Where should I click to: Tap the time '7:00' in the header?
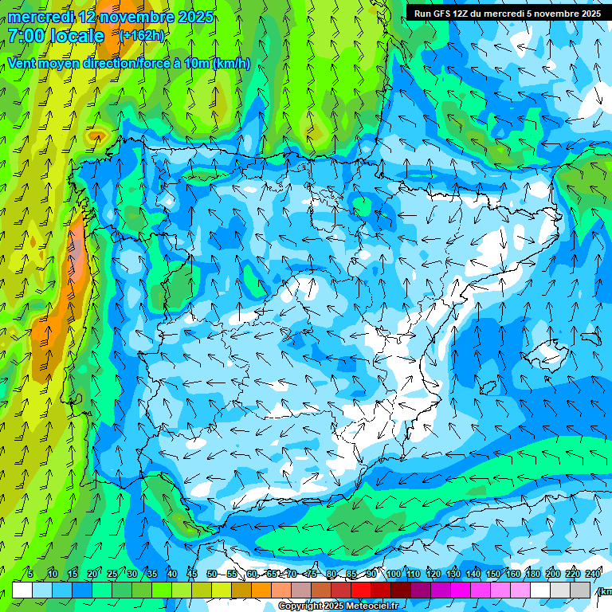tap(26, 36)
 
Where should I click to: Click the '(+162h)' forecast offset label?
tap(141, 36)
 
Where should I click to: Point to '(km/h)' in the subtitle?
tap(231, 64)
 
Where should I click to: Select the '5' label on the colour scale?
tap(30, 574)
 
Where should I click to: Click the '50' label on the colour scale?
tap(212, 574)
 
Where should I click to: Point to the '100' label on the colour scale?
tap(393, 574)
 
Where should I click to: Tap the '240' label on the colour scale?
tap(593, 574)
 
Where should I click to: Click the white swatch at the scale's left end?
tap(22, 590)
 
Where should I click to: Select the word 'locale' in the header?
tap(77, 36)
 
